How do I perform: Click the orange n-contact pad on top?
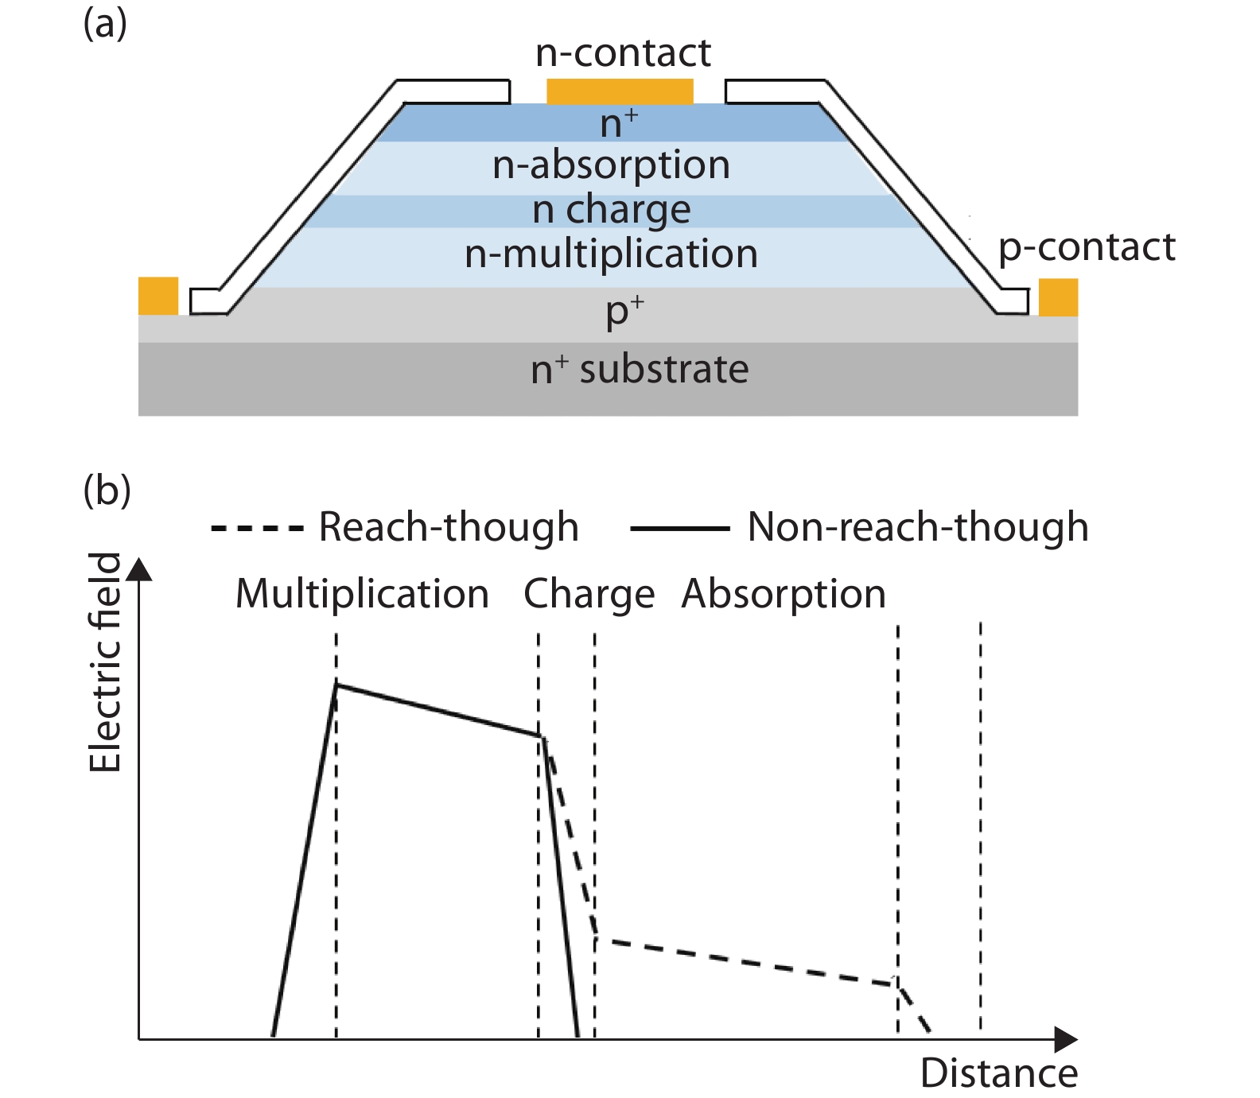(x=620, y=91)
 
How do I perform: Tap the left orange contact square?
(x=158, y=296)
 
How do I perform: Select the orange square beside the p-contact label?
(x=1058, y=297)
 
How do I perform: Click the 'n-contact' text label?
(x=623, y=53)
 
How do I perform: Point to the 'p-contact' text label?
(x=1087, y=247)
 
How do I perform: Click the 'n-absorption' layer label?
(x=611, y=165)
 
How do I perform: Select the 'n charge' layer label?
(x=611, y=210)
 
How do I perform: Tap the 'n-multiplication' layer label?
(x=611, y=254)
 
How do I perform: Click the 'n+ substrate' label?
(x=640, y=370)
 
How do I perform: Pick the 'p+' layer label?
(x=624, y=312)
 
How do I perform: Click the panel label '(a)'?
(x=105, y=24)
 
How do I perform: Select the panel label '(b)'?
(x=107, y=491)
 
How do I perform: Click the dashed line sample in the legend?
(x=256, y=528)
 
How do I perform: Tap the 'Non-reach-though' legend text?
(x=918, y=527)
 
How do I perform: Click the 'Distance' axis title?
(x=998, y=1073)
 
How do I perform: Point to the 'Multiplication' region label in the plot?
(x=362, y=594)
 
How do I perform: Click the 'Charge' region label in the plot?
(x=589, y=595)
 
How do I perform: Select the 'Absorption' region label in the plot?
(x=784, y=594)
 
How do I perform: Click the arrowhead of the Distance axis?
(x=1066, y=1039)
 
